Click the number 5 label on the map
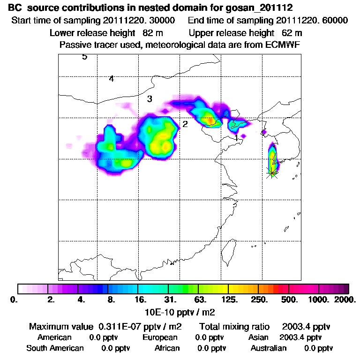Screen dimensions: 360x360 coord(84,57)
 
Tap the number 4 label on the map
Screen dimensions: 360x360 coord(111,79)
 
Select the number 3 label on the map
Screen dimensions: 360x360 coord(150,99)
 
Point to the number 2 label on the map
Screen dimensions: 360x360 coord(185,124)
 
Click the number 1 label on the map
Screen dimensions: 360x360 coord(237,138)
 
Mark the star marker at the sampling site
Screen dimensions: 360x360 coord(271,172)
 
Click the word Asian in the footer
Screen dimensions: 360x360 coord(258,337)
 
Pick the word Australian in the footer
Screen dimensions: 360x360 coord(268,348)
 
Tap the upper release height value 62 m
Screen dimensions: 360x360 coord(292,33)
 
